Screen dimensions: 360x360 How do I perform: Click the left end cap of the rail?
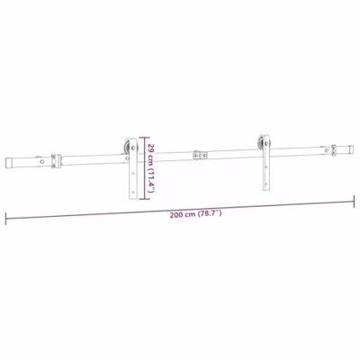click(9, 163)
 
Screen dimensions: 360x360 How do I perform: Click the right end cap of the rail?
click(350, 149)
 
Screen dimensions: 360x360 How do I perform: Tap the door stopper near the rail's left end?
click(56, 161)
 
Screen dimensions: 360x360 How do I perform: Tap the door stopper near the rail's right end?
click(334, 151)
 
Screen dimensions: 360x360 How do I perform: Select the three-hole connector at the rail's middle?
click(201, 155)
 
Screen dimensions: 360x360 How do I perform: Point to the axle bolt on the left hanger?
click(133, 148)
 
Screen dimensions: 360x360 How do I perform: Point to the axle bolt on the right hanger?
click(266, 143)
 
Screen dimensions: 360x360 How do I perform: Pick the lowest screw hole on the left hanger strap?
click(133, 192)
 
